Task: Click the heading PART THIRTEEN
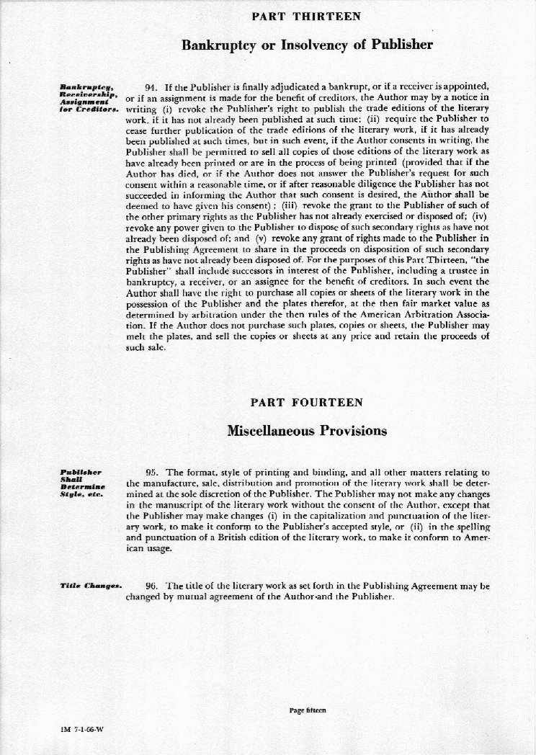306,16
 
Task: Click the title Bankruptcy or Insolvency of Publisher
307,45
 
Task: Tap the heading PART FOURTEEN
306,402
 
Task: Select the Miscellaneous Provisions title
306,432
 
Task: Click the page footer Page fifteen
308,710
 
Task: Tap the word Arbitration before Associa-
422,314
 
